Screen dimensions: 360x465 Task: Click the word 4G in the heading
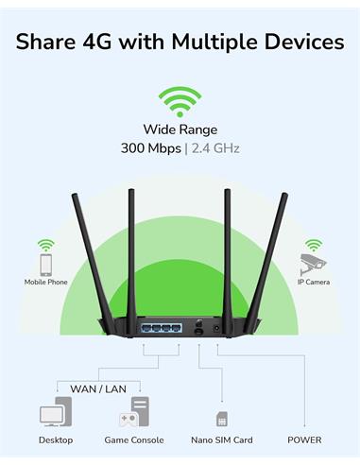(97, 42)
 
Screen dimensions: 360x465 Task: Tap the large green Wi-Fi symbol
(180, 101)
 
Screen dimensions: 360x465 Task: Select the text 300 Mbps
(151, 148)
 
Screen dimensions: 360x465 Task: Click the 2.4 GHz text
(215, 148)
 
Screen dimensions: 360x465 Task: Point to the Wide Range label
(180, 129)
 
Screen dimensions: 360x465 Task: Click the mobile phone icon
(46, 266)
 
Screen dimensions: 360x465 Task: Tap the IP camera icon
(313, 265)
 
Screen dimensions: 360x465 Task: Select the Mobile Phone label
(46, 282)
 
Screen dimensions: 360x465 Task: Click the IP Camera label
(314, 282)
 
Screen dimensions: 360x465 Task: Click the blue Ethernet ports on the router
(162, 328)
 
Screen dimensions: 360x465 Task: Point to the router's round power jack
(216, 328)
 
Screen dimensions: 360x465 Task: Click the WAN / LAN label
(98, 389)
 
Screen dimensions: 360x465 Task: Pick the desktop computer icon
(56, 412)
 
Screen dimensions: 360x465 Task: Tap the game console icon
(134, 412)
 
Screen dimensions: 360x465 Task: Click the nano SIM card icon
(222, 419)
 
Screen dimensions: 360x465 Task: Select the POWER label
(304, 440)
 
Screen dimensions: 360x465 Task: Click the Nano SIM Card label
(222, 440)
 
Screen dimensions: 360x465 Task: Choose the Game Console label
(134, 440)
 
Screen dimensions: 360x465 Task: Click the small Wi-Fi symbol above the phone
(46, 246)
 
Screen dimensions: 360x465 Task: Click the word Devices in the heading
(304, 42)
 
